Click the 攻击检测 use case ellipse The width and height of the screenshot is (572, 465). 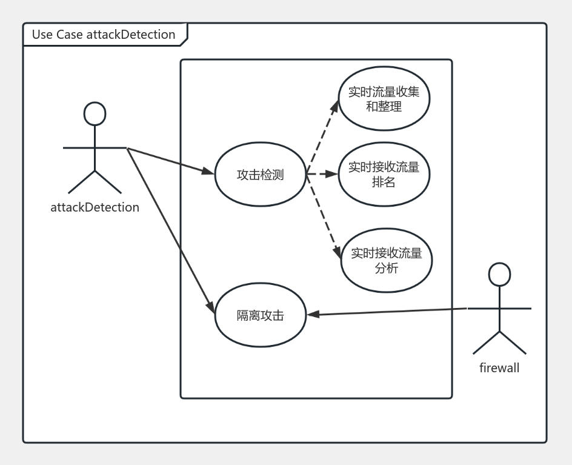click(261, 175)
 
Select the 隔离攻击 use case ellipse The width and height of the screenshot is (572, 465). click(261, 315)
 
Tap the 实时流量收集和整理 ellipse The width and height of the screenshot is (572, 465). click(384, 99)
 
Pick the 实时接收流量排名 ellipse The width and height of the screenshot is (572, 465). click(384, 174)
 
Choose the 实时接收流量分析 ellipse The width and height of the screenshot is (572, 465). click(386, 260)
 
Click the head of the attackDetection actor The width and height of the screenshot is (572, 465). click(95, 114)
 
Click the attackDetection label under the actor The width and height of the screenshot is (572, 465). click(95, 207)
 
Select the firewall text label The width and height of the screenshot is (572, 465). click(499, 367)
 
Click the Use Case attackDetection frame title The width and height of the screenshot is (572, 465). click(104, 35)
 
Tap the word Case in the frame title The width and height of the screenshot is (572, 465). click(70, 35)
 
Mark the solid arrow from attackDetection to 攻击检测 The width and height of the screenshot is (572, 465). click(170, 161)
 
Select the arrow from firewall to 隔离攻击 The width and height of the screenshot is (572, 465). click(388, 312)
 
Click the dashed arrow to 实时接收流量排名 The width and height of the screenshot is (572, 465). click(321, 174)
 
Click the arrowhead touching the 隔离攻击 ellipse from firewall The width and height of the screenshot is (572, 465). click(313, 314)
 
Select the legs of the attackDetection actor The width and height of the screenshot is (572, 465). click(95, 182)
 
